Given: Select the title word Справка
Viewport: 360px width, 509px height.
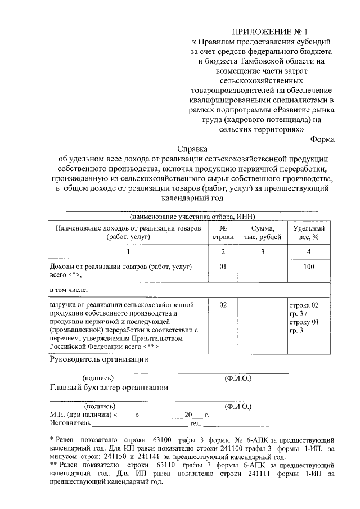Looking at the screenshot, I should coord(193,150).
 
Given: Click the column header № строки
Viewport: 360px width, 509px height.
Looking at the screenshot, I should coord(223,232).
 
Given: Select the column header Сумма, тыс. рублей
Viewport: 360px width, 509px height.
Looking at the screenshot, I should coord(263,232).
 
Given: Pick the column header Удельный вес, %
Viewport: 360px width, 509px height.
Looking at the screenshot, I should coord(308,232).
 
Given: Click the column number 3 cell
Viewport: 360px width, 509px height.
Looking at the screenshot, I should coord(263,252).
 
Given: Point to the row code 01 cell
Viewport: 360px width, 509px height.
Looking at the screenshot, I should coord(223,265).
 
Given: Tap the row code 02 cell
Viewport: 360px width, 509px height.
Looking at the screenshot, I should coord(223,304).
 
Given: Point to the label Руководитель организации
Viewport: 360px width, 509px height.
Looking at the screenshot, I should coord(99,359).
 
